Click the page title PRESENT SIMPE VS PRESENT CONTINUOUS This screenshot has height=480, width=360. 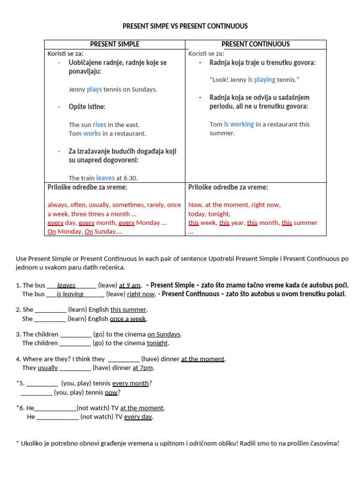coord(185,26)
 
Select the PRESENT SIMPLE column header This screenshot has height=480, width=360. coord(115,45)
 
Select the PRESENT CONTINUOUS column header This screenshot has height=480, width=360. coord(255,45)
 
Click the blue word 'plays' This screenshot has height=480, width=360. coord(94,89)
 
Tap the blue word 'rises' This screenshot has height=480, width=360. coord(99,125)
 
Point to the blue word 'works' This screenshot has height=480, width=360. coord(92,134)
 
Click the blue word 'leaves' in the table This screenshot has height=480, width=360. coord(105,178)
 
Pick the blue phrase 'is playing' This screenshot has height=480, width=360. coord(262,80)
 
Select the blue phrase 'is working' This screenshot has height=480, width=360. coord(239,125)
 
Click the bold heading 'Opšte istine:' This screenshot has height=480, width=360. coord(87,107)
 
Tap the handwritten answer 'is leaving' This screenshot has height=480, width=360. coord(70,294)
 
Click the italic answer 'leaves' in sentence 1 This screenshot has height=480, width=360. coord(66,285)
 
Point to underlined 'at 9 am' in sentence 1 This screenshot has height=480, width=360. coord(130,285)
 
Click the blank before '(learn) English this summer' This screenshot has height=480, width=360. coord(51,310)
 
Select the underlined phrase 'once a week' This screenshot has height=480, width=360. coord(128,319)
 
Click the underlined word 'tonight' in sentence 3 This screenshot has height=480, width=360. coord(157,343)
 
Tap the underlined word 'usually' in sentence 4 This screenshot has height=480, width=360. coord(48,368)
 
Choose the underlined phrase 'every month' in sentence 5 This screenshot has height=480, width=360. coord(130,383)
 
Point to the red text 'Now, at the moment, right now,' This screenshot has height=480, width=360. coord(234,205)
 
